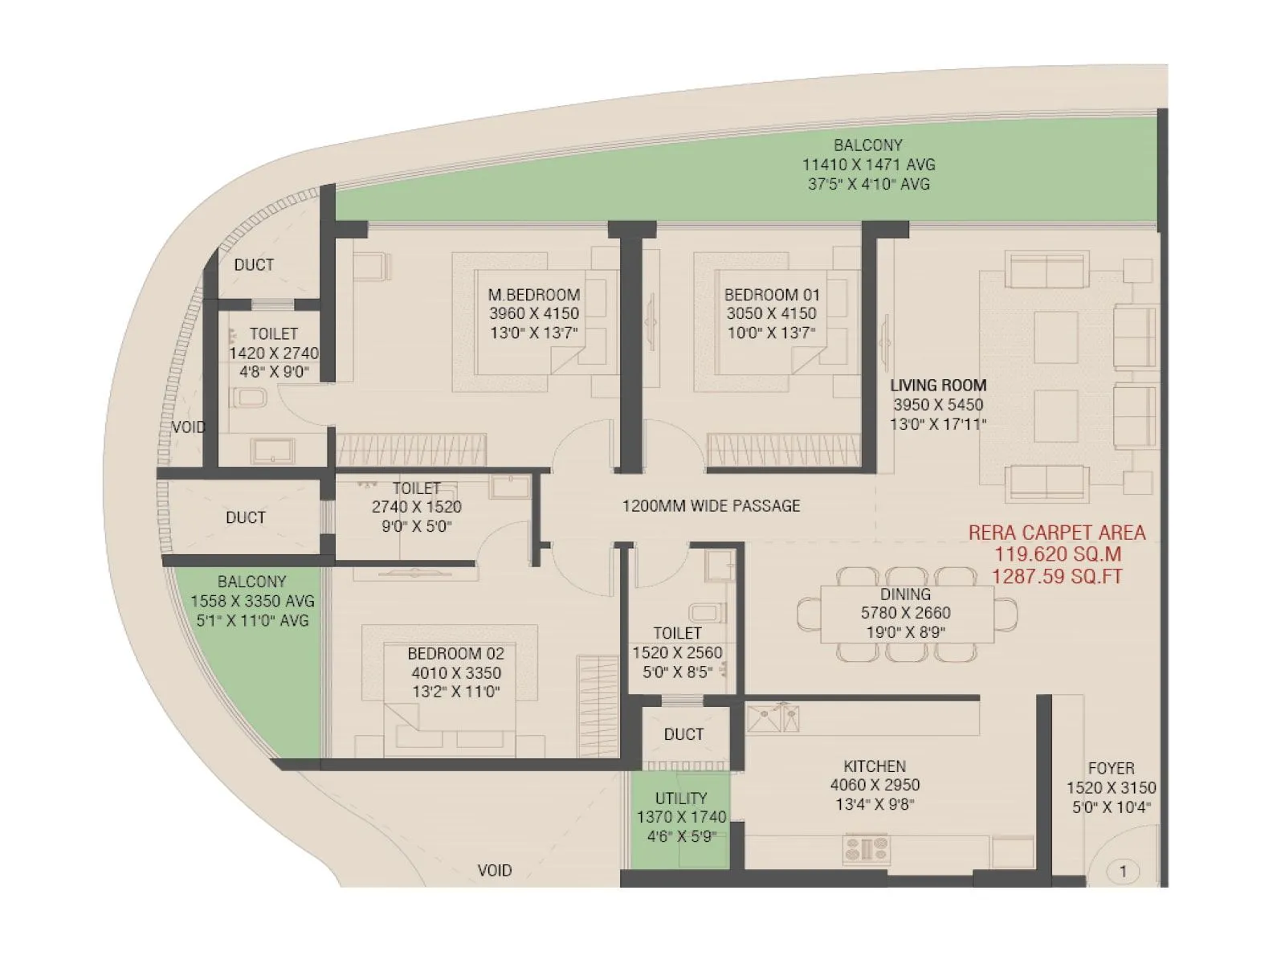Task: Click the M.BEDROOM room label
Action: [x=533, y=295]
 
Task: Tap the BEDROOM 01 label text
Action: [x=771, y=295]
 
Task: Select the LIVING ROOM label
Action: [x=937, y=386]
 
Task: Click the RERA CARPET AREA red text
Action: [x=1056, y=533]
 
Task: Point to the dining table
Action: [x=906, y=615]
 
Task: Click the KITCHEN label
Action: [x=874, y=766]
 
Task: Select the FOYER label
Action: [x=1111, y=769]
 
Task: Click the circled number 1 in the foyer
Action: [x=1122, y=871]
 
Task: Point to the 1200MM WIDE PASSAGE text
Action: [x=711, y=506]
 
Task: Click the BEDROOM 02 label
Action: [x=455, y=654]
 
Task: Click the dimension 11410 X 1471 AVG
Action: [x=868, y=165]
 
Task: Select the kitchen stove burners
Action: [x=866, y=848]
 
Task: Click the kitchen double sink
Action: [x=774, y=717]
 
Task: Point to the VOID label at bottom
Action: [x=494, y=870]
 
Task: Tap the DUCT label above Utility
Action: [x=683, y=734]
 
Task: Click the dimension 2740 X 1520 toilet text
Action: [x=416, y=507]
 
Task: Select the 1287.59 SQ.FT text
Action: [x=1056, y=577]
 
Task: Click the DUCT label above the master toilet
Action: [x=254, y=265]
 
